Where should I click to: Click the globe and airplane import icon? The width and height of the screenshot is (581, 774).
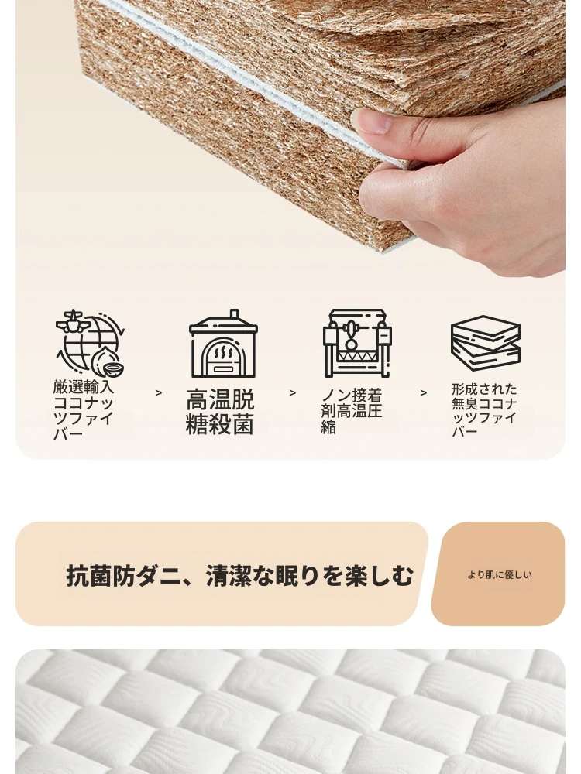click(90, 344)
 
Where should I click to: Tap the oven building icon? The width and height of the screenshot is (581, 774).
click(223, 344)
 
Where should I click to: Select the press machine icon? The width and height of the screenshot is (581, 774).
click(356, 344)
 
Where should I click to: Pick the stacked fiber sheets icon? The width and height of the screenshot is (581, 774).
click(486, 344)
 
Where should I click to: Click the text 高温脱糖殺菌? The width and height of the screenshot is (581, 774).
click(220, 412)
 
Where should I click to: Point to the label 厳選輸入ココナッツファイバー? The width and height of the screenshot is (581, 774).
click(84, 410)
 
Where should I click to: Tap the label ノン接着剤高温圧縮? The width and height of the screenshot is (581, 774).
click(352, 411)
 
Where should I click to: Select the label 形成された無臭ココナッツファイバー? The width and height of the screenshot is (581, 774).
click(484, 410)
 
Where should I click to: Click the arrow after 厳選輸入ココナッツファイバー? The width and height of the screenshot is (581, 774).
click(159, 393)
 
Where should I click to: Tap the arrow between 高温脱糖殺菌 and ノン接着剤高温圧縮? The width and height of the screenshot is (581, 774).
click(293, 393)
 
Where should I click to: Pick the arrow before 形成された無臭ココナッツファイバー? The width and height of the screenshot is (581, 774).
click(424, 393)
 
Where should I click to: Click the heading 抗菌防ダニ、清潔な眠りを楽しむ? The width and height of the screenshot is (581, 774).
click(239, 576)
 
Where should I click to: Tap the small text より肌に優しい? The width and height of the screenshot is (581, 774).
click(500, 574)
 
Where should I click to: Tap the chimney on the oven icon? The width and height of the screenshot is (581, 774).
click(235, 314)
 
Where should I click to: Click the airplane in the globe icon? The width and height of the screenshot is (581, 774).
click(73, 322)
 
